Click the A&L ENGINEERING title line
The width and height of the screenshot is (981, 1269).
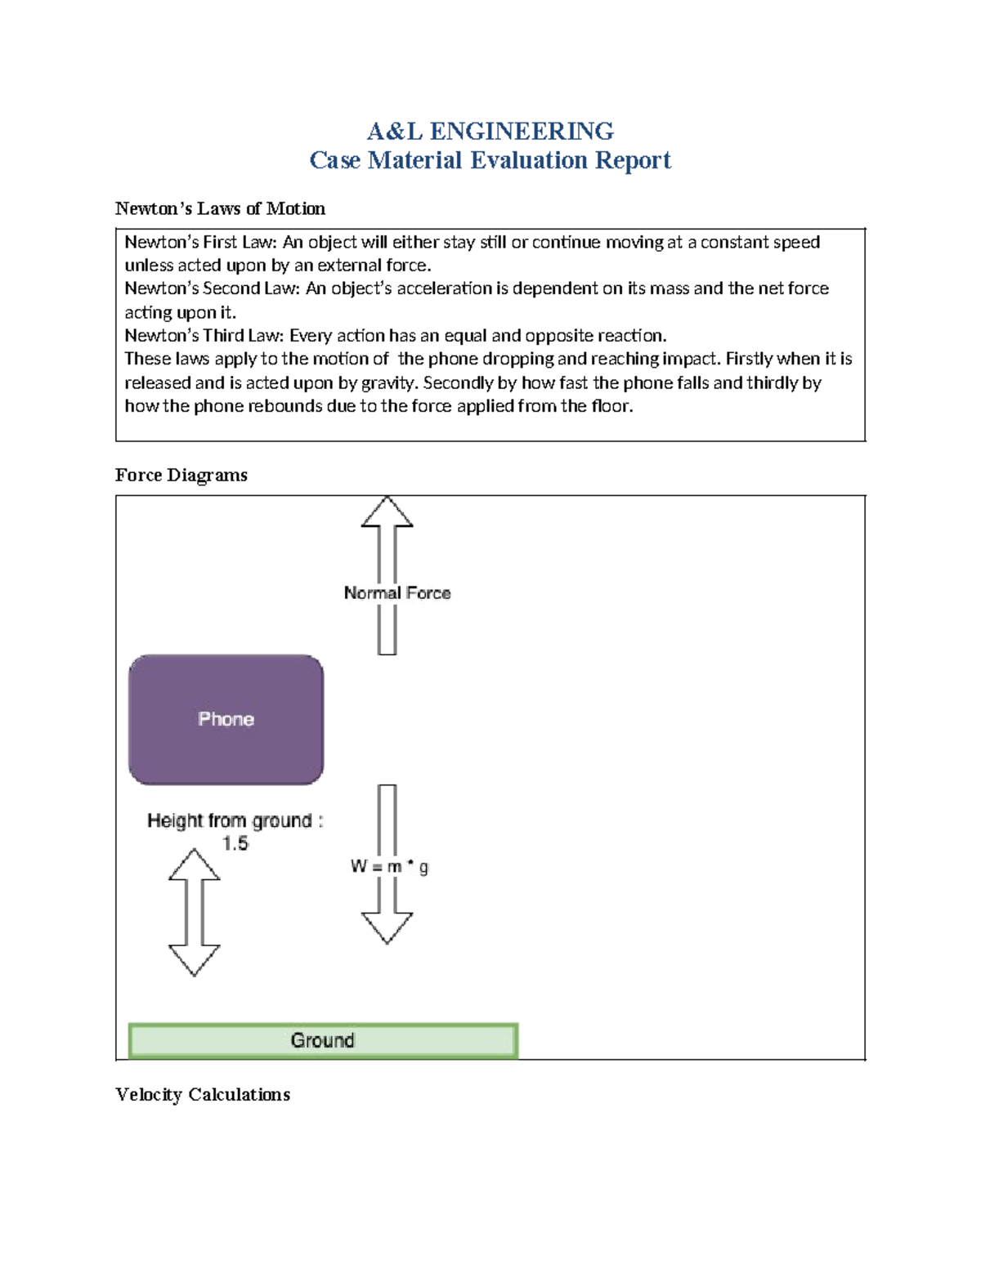[490, 131]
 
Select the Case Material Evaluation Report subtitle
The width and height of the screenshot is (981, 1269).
[490, 160]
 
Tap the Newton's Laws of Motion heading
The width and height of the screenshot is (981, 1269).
[220, 208]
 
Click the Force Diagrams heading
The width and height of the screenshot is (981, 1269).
[181, 475]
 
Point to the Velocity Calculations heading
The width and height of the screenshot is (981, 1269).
[202, 1094]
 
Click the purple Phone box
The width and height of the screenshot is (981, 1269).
[226, 719]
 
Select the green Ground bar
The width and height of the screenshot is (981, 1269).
[323, 1040]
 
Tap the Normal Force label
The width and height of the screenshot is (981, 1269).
[397, 593]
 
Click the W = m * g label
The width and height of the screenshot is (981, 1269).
[389, 866]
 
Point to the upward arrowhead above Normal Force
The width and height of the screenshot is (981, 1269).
[387, 513]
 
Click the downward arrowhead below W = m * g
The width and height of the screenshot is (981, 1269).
[387, 927]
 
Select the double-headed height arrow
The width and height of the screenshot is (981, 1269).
[194, 912]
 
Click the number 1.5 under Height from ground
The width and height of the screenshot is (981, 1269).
[235, 843]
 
